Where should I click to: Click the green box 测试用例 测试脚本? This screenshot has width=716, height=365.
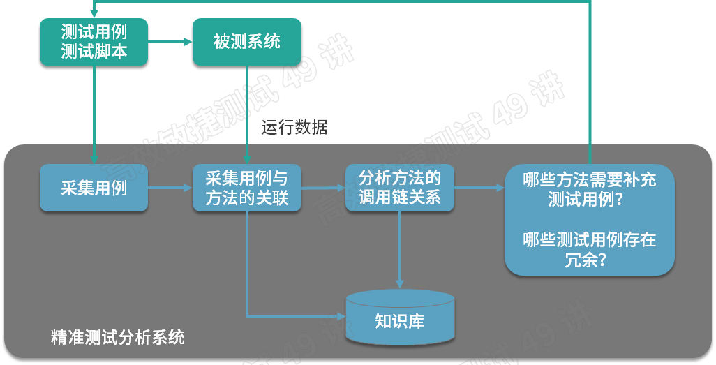click(x=94, y=42)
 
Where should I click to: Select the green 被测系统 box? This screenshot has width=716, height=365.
click(x=247, y=42)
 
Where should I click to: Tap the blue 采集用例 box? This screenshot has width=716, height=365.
click(x=94, y=188)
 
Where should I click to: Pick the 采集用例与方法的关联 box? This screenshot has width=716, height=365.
click(x=247, y=188)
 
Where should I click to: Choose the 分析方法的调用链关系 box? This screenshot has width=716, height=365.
click(x=400, y=188)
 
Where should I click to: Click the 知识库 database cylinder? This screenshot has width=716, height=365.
click(x=400, y=318)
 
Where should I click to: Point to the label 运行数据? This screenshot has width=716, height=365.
click(x=294, y=128)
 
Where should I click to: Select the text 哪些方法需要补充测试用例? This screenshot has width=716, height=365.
click(x=590, y=189)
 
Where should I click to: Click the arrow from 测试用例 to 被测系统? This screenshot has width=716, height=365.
click(x=170, y=42)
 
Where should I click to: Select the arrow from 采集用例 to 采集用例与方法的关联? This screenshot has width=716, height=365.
click(x=170, y=188)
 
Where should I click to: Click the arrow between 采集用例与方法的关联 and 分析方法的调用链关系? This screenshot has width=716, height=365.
click(x=323, y=188)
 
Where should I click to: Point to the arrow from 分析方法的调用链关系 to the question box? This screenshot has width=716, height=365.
click(x=479, y=188)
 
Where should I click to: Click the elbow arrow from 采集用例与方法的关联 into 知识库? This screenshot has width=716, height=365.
click(x=279, y=315)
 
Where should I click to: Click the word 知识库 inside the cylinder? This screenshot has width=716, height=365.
click(x=400, y=322)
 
